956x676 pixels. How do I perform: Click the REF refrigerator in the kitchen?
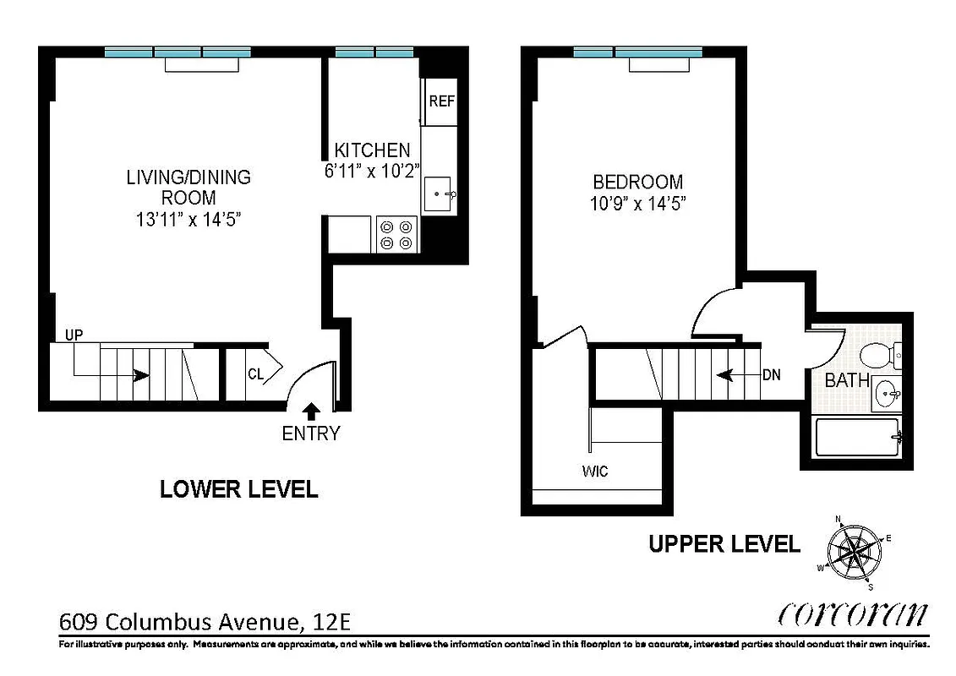(441, 101)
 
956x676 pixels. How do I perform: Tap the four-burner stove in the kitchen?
(396, 234)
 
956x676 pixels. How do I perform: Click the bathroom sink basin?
(886, 392)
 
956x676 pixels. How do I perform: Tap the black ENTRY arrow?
(310, 412)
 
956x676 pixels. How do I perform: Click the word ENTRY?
(310, 434)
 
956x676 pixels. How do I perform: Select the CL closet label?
(255, 373)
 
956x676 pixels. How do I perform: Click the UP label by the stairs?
(74, 335)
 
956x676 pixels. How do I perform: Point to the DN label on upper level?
(771, 374)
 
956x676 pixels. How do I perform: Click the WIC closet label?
(594, 471)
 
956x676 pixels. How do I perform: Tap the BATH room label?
(847, 381)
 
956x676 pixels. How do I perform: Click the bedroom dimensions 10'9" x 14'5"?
(637, 204)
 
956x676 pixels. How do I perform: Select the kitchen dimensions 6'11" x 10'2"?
(372, 171)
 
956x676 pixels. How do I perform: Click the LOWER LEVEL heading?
(239, 489)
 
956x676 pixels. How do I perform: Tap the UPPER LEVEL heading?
(724, 544)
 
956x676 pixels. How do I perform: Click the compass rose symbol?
(855, 553)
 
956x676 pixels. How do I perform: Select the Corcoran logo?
(852, 614)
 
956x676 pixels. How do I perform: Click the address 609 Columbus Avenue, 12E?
(205, 623)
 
